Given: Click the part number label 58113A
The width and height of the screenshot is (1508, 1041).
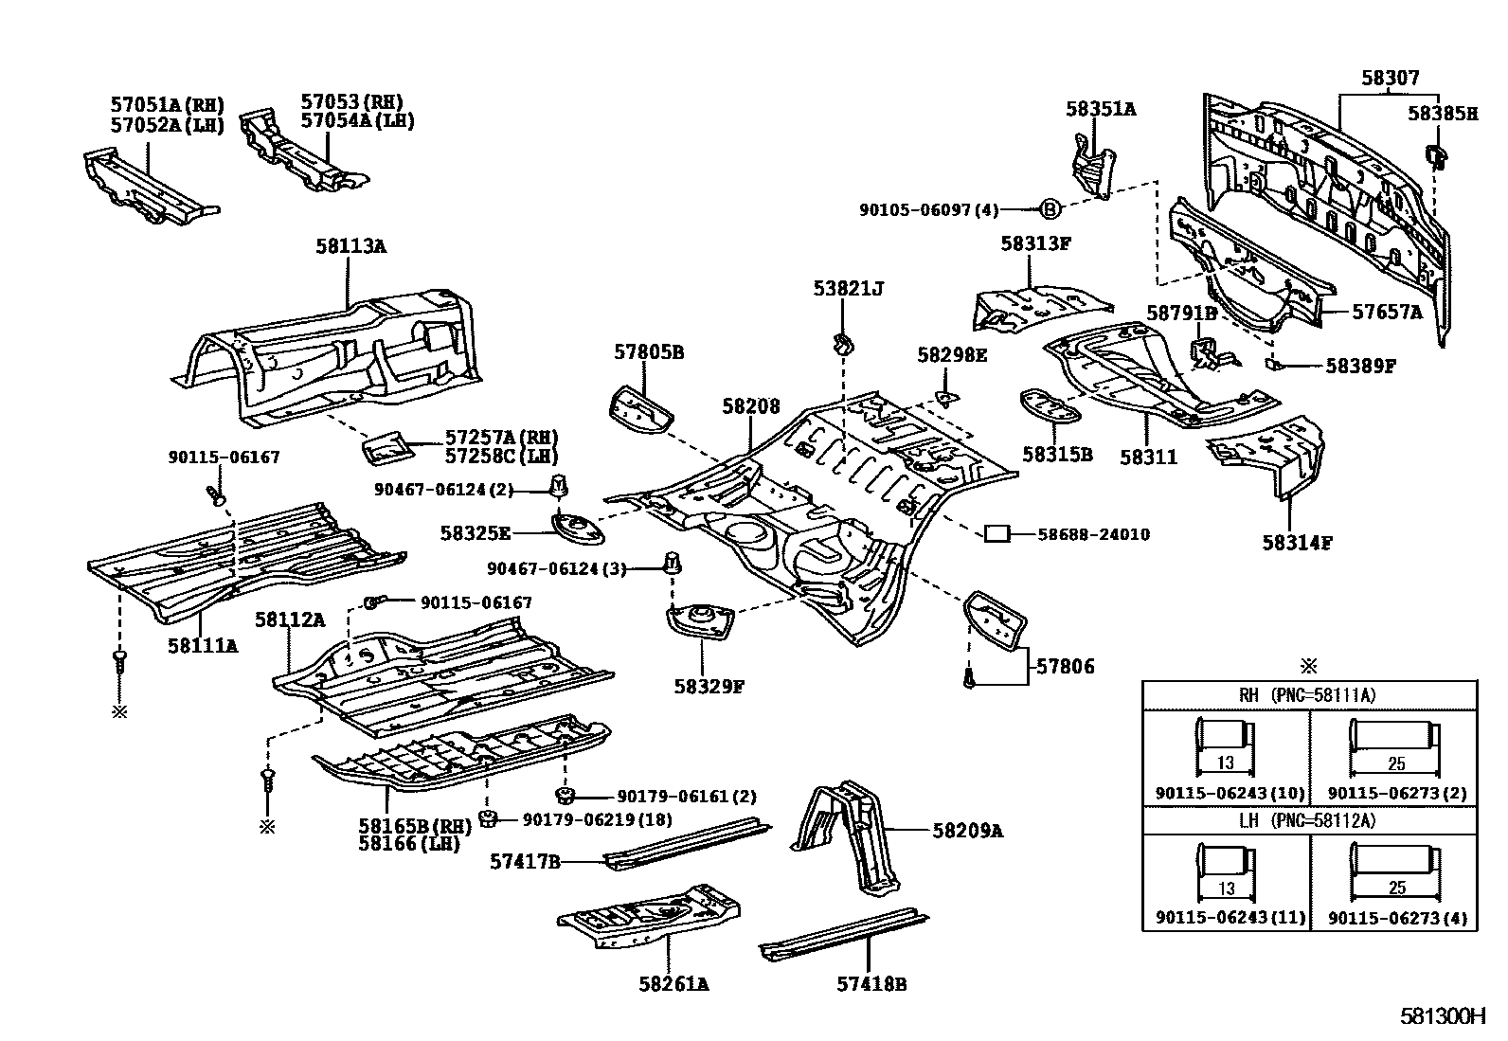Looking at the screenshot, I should (x=350, y=246).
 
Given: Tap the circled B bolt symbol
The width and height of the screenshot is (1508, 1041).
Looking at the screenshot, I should (x=1050, y=209).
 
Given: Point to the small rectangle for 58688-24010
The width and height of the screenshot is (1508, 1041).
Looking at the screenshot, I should (x=996, y=534).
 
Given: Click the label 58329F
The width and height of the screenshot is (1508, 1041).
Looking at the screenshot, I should (x=709, y=686).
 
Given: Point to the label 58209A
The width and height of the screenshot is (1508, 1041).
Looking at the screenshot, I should (x=966, y=831).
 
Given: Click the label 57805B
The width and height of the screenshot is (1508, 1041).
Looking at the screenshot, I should (x=648, y=352).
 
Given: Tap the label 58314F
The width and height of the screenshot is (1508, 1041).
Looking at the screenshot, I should (x=1297, y=543).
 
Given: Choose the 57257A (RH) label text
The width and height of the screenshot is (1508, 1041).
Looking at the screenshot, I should (x=501, y=437).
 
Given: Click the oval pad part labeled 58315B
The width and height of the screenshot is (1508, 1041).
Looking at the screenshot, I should (x=1050, y=406).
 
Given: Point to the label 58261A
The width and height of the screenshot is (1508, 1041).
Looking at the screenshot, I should (x=673, y=984).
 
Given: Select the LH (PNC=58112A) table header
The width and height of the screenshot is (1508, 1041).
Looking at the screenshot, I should (x=1308, y=820).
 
